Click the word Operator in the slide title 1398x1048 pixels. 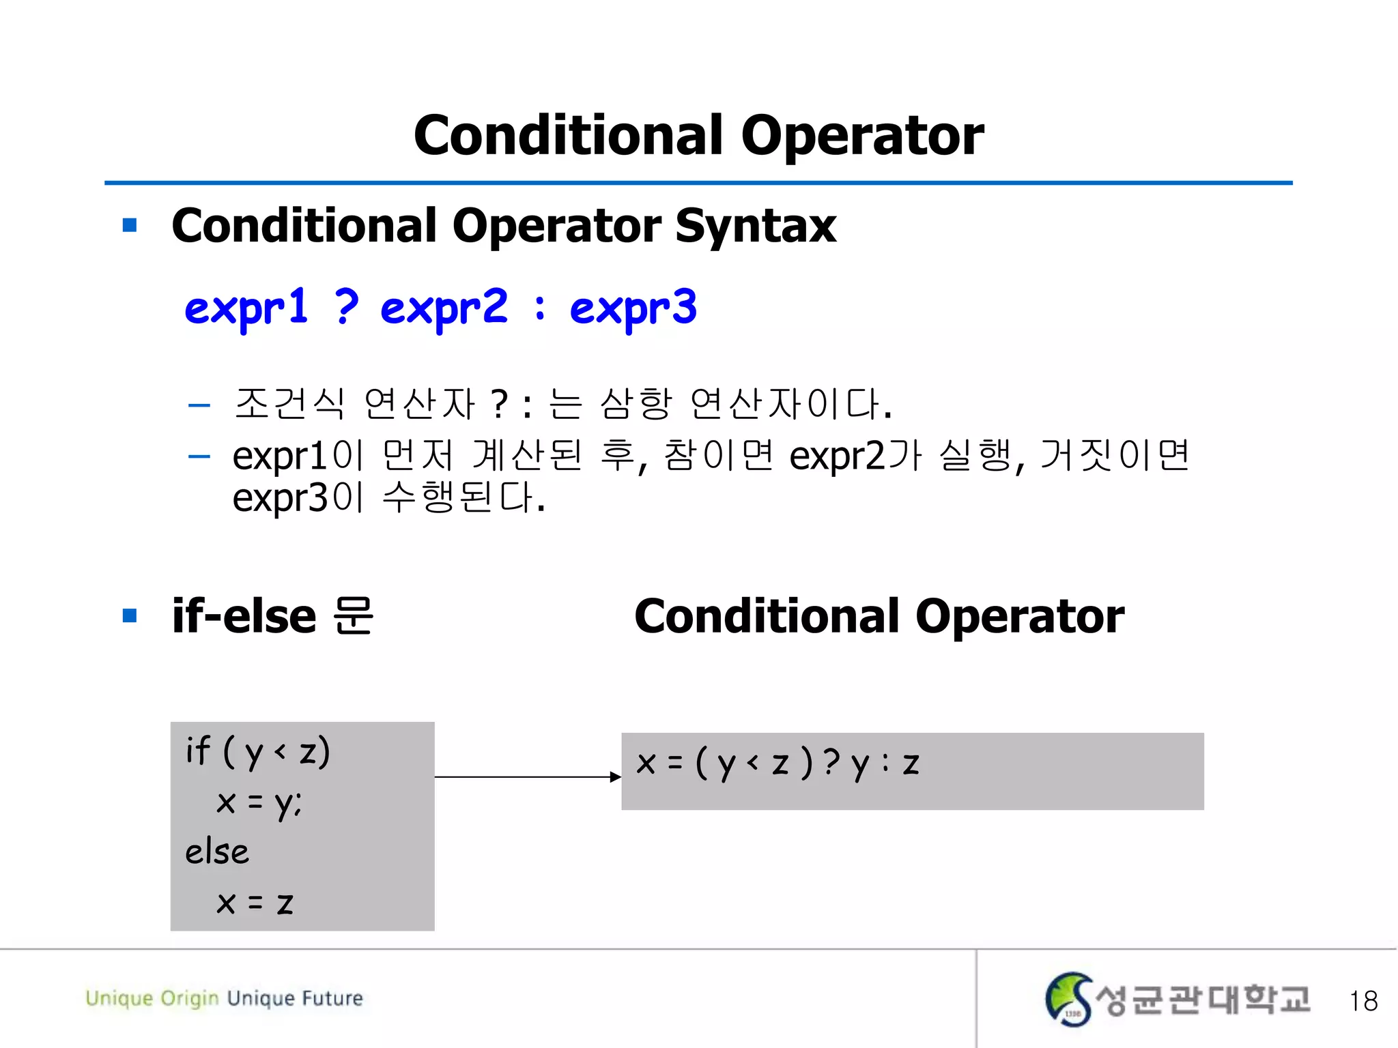(862, 136)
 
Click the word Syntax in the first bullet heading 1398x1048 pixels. (756, 226)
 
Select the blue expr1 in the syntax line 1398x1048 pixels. (246, 308)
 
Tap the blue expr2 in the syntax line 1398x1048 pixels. (444, 308)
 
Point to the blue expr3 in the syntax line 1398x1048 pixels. (633, 308)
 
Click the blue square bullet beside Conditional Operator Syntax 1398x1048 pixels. (130, 225)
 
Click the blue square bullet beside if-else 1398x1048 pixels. (130, 616)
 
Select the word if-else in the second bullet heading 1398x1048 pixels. (244, 616)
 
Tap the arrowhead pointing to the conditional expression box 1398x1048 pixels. (615, 776)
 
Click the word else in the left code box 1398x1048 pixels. (217, 852)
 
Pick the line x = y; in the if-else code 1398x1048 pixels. (259, 803)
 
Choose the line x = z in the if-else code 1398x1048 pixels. (255, 903)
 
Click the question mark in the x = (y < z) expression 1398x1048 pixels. (831, 762)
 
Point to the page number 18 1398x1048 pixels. (1363, 1001)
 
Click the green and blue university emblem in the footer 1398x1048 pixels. (1068, 1000)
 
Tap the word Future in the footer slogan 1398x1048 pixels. (332, 998)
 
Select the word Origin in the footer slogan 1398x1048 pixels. (190, 998)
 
